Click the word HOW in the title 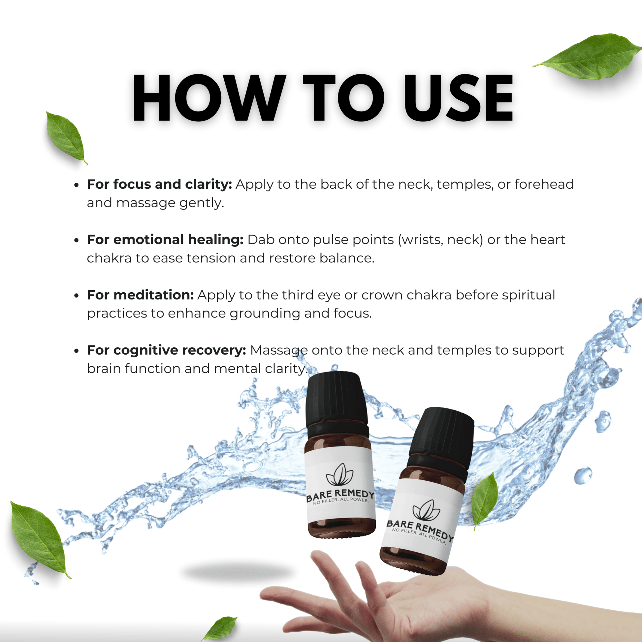pyautogui.click(x=209, y=98)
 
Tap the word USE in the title pyautogui.click(x=459, y=98)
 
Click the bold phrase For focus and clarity pyautogui.click(x=159, y=184)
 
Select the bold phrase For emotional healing pyautogui.click(x=165, y=240)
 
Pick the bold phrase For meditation pyautogui.click(x=140, y=295)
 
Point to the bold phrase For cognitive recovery pyautogui.click(x=166, y=350)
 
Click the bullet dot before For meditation pyautogui.click(x=77, y=295)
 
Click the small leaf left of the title pyautogui.click(x=66, y=136)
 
